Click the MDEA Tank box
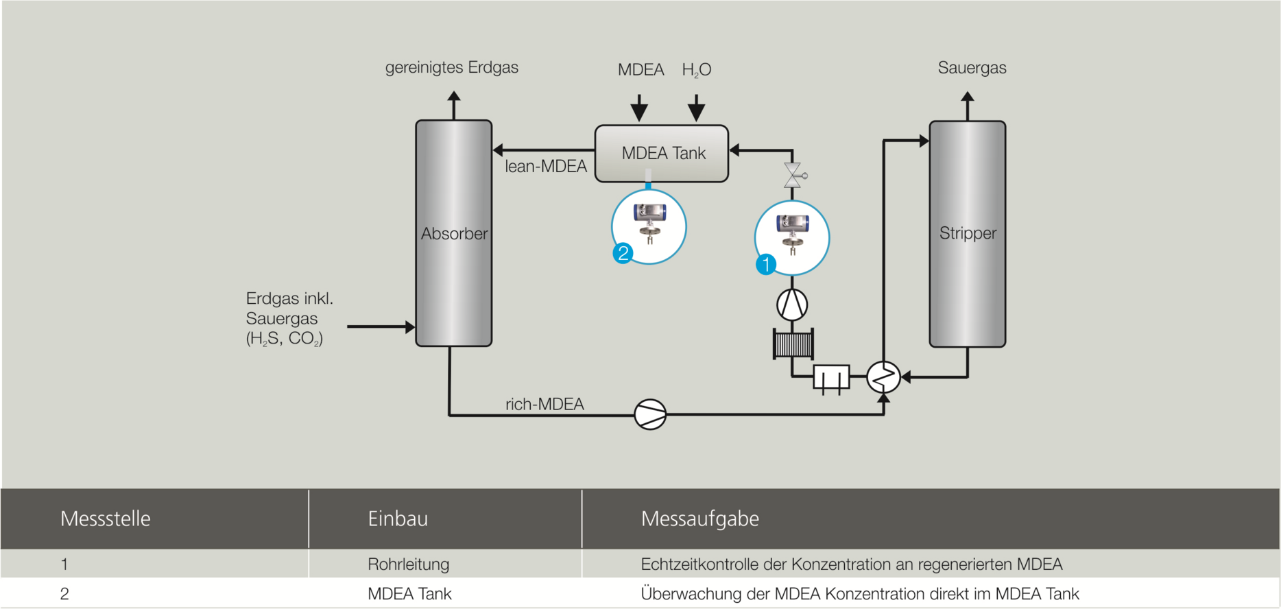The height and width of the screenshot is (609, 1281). click(661, 153)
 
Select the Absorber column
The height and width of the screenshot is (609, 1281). click(453, 233)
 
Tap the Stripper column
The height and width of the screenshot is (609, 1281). click(967, 233)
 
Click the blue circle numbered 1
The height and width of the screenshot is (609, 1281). click(765, 264)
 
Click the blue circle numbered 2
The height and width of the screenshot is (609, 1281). click(623, 253)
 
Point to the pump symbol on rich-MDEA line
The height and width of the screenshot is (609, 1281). click(650, 414)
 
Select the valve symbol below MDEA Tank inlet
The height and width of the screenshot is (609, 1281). click(793, 176)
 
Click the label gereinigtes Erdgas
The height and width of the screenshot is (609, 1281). click(451, 67)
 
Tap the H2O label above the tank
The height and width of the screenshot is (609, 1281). click(696, 70)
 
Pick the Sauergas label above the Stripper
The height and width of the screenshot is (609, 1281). click(972, 68)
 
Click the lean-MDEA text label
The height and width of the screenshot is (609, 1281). click(546, 167)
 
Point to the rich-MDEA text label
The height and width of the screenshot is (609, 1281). click(544, 405)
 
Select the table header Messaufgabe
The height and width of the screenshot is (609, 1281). click(699, 518)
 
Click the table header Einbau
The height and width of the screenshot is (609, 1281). click(398, 518)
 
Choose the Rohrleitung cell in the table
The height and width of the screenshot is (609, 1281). click(409, 564)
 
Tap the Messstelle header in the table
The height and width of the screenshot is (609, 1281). click(105, 518)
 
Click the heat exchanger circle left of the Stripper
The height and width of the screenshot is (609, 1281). click(883, 377)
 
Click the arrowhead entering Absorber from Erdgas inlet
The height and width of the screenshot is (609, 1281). click(410, 327)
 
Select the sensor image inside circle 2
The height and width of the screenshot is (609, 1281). click(649, 223)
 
